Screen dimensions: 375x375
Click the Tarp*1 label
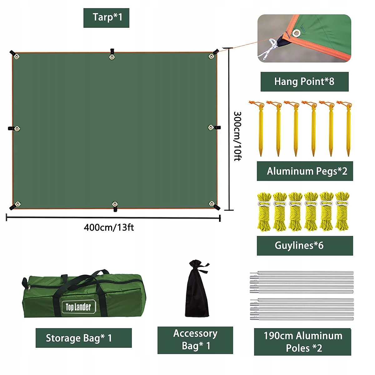coord(107,17)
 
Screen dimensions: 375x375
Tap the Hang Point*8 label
coord(304,81)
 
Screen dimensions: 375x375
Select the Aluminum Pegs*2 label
coord(307,171)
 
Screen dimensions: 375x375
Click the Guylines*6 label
coord(299,245)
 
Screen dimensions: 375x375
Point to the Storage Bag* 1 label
coord(79,338)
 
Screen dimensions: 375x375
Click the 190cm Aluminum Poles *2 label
coord(303,342)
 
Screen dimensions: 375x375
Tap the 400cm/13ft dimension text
coord(109,227)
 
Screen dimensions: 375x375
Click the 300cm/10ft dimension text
coord(237,136)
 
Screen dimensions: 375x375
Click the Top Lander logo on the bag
coord(79,307)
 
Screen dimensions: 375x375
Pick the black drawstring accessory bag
coord(197,289)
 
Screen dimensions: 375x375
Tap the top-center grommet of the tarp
coord(112,57)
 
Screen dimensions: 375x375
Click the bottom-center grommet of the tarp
coord(115,204)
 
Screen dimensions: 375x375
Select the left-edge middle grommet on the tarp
coord(17,129)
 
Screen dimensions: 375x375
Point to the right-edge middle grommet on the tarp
coord(211,127)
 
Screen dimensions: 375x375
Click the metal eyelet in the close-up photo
coord(296,33)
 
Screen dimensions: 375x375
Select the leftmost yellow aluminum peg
coord(260,129)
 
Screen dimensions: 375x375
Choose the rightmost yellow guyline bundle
coord(342,212)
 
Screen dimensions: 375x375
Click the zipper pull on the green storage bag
coord(29,288)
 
